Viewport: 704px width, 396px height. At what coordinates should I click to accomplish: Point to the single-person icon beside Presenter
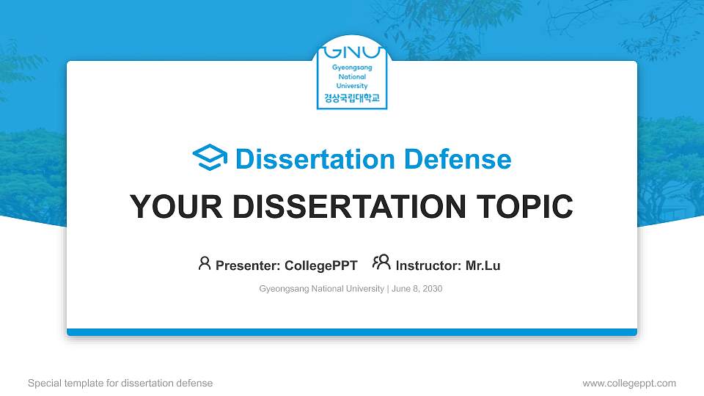pyautogui.click(x=205, y=263)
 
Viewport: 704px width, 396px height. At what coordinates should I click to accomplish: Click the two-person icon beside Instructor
pyautogui.click(x=381, y=263)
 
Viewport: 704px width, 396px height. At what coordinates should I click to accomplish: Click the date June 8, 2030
pyautogui.click(x=417, y=289)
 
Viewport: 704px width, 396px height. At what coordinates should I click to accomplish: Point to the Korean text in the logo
pyautogui.click(x=352, y=98)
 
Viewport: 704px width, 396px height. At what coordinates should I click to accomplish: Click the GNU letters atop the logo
pyautogui.click(x=352, y=52)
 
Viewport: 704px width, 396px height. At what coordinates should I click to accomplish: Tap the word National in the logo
pyautogui.click(x=352, y=76)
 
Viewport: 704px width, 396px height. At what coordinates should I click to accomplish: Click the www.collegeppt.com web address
pyautogui.click(x=629, y=383)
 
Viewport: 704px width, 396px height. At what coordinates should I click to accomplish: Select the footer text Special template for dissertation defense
pyautogui.click(x=120, y=383)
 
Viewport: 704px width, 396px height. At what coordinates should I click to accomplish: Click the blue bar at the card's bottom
pyautogui.click(x=352, y=332)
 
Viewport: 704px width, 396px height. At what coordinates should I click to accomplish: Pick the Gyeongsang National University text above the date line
pyautogui.click(x=321, y=289)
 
